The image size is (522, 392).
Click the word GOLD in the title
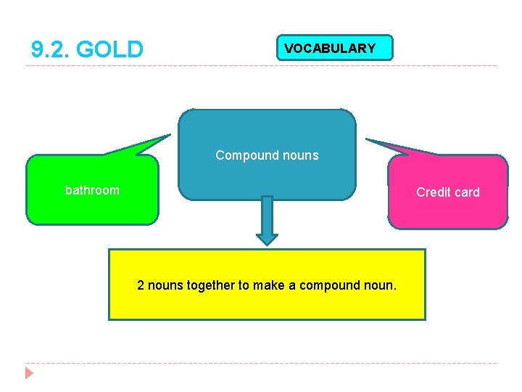(x=109, y=50)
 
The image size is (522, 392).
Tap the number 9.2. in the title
(x=51, y=50)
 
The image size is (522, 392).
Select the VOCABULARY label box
(x=334, y=48)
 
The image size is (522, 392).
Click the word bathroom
(x=92, y=190)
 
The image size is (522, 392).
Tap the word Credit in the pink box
(x=433, y=192)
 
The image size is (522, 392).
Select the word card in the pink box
(x=467, y=192)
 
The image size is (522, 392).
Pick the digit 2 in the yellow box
(x=141, y=285)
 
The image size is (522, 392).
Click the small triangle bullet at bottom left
(x=29, y=374)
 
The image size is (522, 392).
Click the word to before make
(x=244, y=285)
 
